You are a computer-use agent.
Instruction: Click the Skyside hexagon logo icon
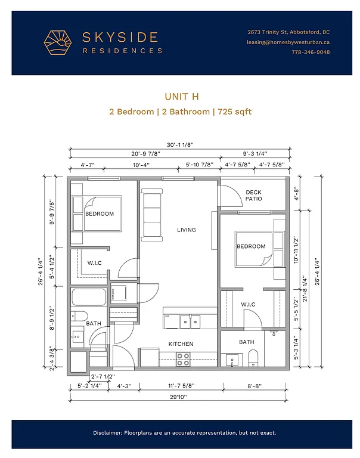(58, 42)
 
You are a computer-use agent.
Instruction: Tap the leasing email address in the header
(288, 42)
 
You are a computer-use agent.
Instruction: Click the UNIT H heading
(180, 96)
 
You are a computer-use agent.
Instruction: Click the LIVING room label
(187, 230)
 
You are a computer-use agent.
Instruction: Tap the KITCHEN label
(181, 344)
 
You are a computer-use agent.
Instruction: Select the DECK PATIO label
(254, 196)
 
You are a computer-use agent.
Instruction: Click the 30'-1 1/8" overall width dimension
(180, 143)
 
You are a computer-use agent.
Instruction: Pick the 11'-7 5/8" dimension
(179, 386)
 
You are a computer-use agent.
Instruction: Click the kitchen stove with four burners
(183, 359)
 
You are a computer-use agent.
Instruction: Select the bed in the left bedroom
(96, 213)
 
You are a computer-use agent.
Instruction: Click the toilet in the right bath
(253, 358)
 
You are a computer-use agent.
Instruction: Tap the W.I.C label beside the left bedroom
(94, 263)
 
